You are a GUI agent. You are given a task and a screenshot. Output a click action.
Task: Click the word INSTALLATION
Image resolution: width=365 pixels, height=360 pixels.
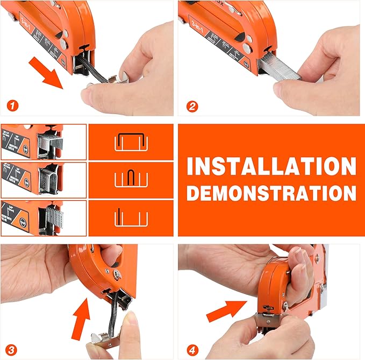pyautogui.click(x=271, y=166)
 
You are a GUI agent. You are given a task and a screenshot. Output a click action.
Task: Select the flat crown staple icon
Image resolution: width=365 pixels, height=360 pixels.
pyautogui.click(x=131, y=142)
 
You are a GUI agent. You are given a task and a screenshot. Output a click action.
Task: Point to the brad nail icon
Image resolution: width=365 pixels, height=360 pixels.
pyautogui.click(x=131, y=217)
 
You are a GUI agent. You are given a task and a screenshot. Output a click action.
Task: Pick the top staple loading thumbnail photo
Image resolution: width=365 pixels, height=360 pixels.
pyautogui.click(x=44, y=142)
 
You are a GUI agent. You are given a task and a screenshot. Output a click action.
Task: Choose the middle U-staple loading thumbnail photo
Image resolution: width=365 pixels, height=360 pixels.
pyautogui.click(x=44, y=180)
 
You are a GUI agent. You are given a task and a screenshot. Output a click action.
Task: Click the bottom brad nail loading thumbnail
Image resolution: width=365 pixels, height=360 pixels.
pyautogui.click(x=44, y=217)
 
